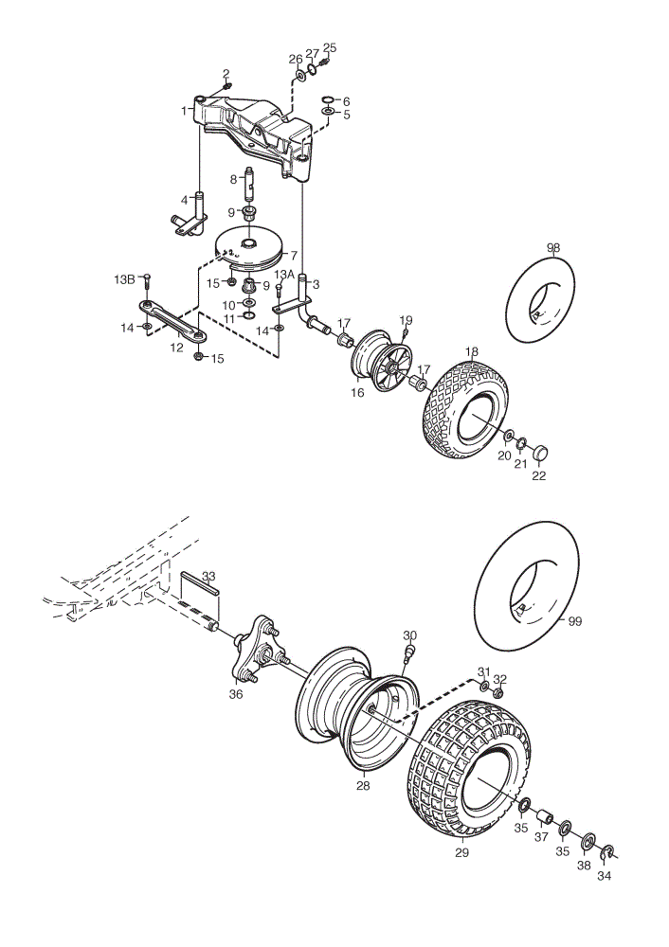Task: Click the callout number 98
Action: pyautogui.click(x=553, y=247)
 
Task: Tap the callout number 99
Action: pyautogui.click(x=575, y=621)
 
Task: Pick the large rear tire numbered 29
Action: pyautogui.click(x=466, y=767)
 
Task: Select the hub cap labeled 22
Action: pyautogui.click(x=539, y=453)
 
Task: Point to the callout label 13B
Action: pyautogui.click(x=125, y=279)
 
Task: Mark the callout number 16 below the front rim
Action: pyautogui.click(x=357, y=393)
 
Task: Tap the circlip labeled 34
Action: pyautogui.click(x=607, y=852)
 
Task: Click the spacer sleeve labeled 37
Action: pyautogui.click(x=545, y=819)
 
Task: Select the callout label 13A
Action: pyautogui.click(x=284, y=276)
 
